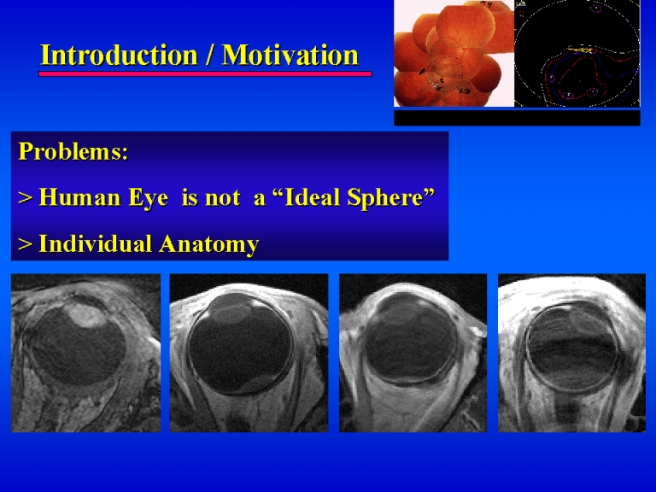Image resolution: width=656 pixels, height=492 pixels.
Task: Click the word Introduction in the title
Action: point(119,56)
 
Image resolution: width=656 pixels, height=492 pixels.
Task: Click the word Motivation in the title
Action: point(290,56)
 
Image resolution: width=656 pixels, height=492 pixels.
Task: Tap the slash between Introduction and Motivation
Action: point(209,56)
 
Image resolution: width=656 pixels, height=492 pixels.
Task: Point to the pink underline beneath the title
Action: point(205,74)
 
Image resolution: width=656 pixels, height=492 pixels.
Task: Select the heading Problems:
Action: point(73,151)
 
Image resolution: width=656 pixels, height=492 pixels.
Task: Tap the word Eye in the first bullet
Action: point(148,198)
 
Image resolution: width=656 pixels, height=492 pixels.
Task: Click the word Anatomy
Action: point(209,244)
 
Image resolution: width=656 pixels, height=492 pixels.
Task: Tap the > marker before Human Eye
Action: point(26,198)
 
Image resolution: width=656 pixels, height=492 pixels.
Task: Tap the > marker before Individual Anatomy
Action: point(26,244)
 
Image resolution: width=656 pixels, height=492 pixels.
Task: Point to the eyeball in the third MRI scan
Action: point(410,337)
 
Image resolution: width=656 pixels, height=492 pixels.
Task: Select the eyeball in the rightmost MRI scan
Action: point(573,348)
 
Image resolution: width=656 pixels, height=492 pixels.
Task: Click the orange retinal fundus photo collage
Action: point(454,54)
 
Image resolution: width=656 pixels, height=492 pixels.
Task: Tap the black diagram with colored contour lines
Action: point(577,54)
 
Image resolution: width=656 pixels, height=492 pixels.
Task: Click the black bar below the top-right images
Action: point(517,118)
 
